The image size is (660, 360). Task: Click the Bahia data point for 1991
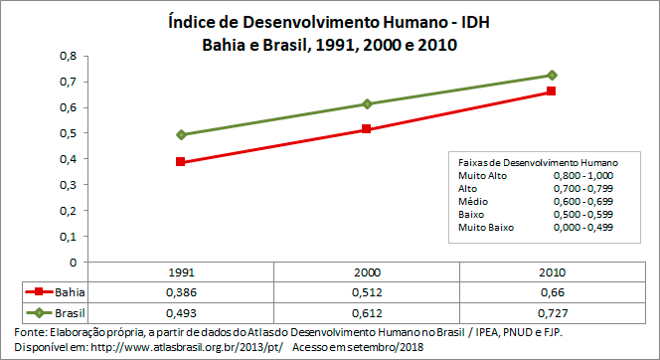[180, 161]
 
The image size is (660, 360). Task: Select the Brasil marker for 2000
[367, 103]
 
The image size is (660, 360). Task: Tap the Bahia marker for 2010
[552, 91]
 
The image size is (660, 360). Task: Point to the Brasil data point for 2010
[552, 76]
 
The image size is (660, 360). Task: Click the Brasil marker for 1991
[180, 134]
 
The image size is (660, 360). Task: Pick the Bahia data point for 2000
[367, 129]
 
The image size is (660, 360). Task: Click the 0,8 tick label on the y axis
[68, 56]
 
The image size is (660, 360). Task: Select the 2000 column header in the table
[367, 271]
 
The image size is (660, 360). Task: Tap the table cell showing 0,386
[180, 291]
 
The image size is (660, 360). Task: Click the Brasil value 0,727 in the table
[552, 311]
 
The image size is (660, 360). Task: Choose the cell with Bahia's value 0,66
[552, 291]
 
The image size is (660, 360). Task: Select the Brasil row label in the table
[70, 311]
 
